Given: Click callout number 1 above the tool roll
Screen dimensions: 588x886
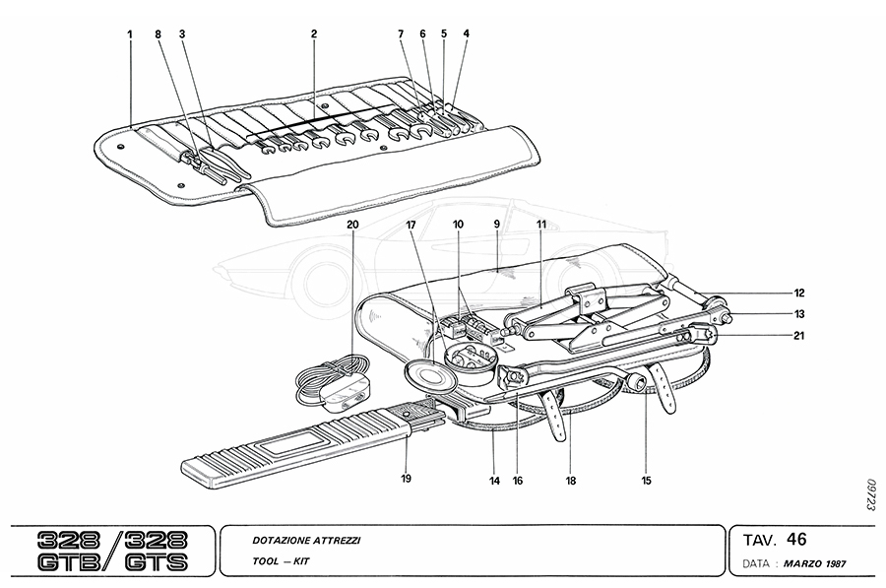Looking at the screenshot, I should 129,33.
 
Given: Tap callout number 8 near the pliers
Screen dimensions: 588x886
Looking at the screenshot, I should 157,33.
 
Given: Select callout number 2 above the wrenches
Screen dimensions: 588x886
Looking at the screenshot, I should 181,33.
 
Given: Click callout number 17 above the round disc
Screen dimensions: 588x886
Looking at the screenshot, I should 411,225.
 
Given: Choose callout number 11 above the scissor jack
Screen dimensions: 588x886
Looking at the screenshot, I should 540,225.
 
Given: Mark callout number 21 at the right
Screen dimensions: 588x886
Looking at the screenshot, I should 799,336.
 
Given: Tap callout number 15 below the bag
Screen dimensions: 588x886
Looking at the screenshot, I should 646,481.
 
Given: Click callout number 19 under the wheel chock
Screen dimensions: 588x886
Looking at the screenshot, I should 406,479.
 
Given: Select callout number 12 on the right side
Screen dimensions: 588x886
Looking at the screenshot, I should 799,293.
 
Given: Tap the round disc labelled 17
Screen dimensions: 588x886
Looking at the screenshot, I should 426,375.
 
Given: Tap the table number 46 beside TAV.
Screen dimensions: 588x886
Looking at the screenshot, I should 796,539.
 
